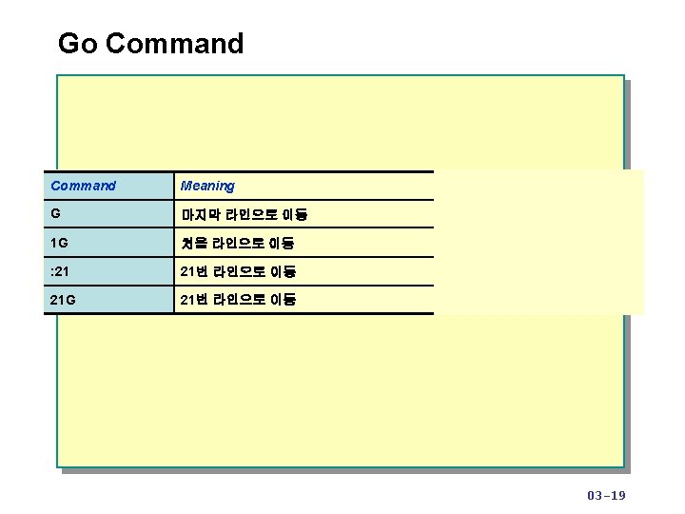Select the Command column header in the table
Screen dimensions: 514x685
point(83,186)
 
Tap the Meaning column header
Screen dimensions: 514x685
point(207,186)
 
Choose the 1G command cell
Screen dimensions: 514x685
point(59,243)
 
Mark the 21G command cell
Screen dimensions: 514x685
point(64,300)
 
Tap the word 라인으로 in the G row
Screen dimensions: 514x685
point(252,215)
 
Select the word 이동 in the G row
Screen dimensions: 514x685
point(295,215)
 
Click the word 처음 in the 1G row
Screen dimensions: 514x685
point(194,244)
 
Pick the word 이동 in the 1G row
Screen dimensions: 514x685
point(283,244)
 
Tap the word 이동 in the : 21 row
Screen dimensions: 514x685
point(284,272)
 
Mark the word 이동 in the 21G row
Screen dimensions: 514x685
point(284,300)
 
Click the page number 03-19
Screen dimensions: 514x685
point(606,495)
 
